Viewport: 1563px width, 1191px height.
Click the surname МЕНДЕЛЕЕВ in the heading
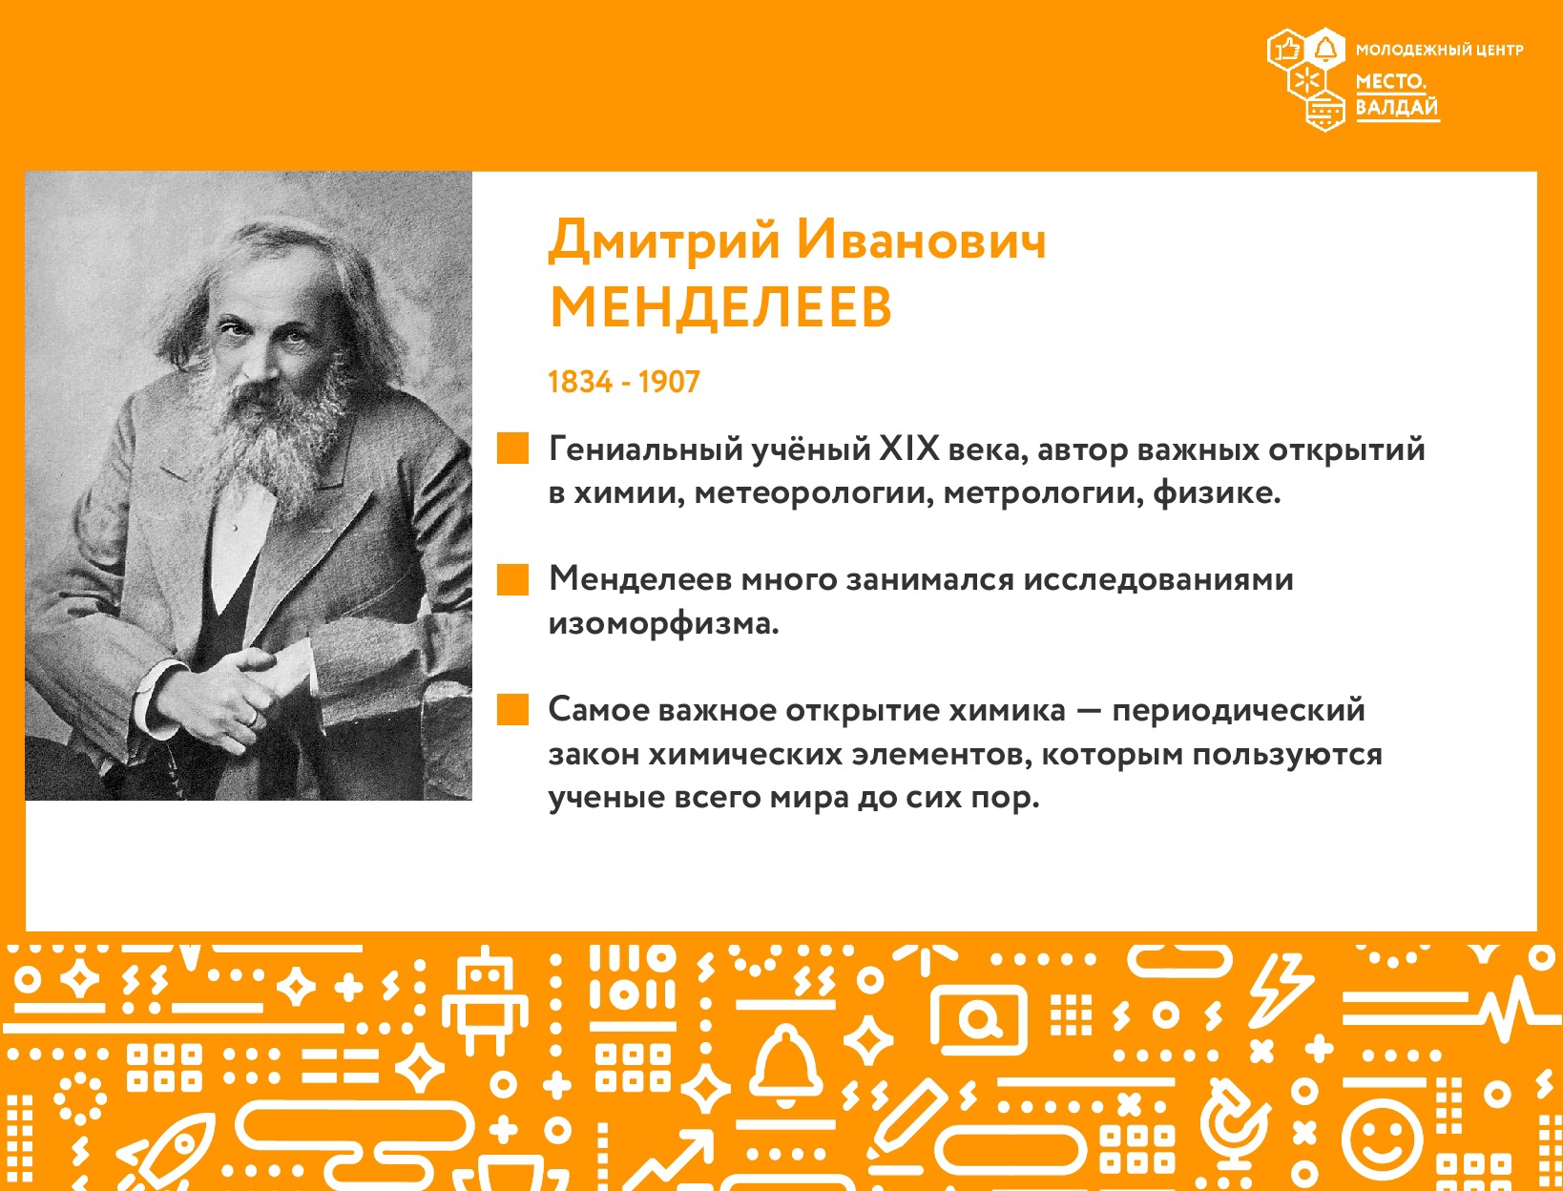click(x=720, y=307)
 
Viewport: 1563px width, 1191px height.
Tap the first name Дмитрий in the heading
click(x=664, y=240)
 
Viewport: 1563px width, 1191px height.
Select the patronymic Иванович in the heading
click(x=922, y=240)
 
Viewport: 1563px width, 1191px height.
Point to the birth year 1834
click(x=580, y=383)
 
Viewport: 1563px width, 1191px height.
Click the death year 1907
click(x=669, y=383)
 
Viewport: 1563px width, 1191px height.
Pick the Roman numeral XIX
click(x=910, y=449)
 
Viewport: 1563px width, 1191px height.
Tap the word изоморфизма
click(x=663, y=624)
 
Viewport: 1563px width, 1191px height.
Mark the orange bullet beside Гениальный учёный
click(x=512, y=448)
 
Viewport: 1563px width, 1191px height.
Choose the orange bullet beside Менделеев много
click(x=512, y=578)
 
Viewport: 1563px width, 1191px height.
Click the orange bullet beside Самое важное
click(x=512, y=709)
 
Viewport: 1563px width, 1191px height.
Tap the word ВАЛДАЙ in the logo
click(x=1397, y=108)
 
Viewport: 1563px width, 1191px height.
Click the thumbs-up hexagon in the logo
click(x=1286, y=50)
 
